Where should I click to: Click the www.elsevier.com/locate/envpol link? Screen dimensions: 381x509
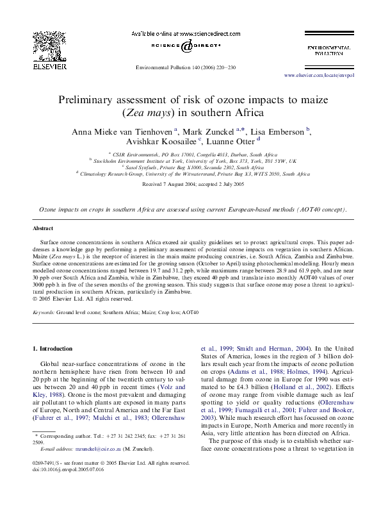pyautogui.click(x=318, y=75)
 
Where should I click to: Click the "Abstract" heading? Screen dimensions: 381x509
pyautogui.click(x=44, y=229)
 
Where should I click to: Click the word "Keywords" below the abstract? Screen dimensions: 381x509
pyautogui.click(x=44, y=312)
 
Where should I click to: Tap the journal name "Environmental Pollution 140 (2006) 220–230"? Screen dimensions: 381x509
pyautogui.click(x=190, y=67)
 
